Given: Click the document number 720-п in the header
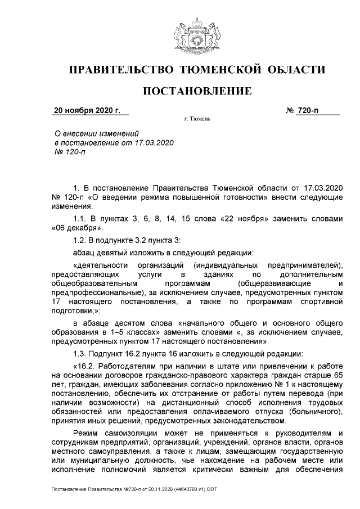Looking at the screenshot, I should tap(308, 110).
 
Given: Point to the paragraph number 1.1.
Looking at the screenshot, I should tap(82, 218).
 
